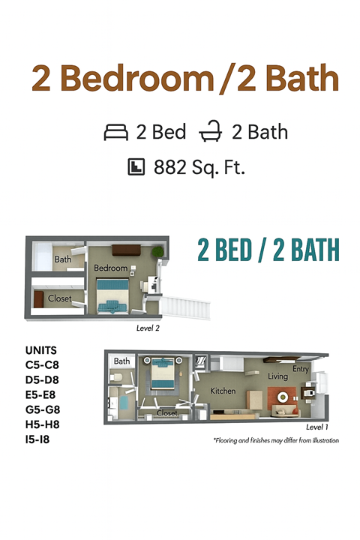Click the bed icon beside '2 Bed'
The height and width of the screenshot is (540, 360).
point(116,133)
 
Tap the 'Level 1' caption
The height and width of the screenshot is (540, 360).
point(317,426)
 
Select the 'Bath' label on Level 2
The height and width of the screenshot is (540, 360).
point(63,260)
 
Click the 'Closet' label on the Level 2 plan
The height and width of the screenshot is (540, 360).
point(60,298)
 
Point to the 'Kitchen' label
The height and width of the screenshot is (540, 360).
point(223,391)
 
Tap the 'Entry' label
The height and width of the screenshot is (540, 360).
point(301,369)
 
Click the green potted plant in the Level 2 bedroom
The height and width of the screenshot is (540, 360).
point(157,253)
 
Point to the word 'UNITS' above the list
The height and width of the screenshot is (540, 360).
point(40,350)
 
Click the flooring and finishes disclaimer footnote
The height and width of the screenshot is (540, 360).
point(275,440)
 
